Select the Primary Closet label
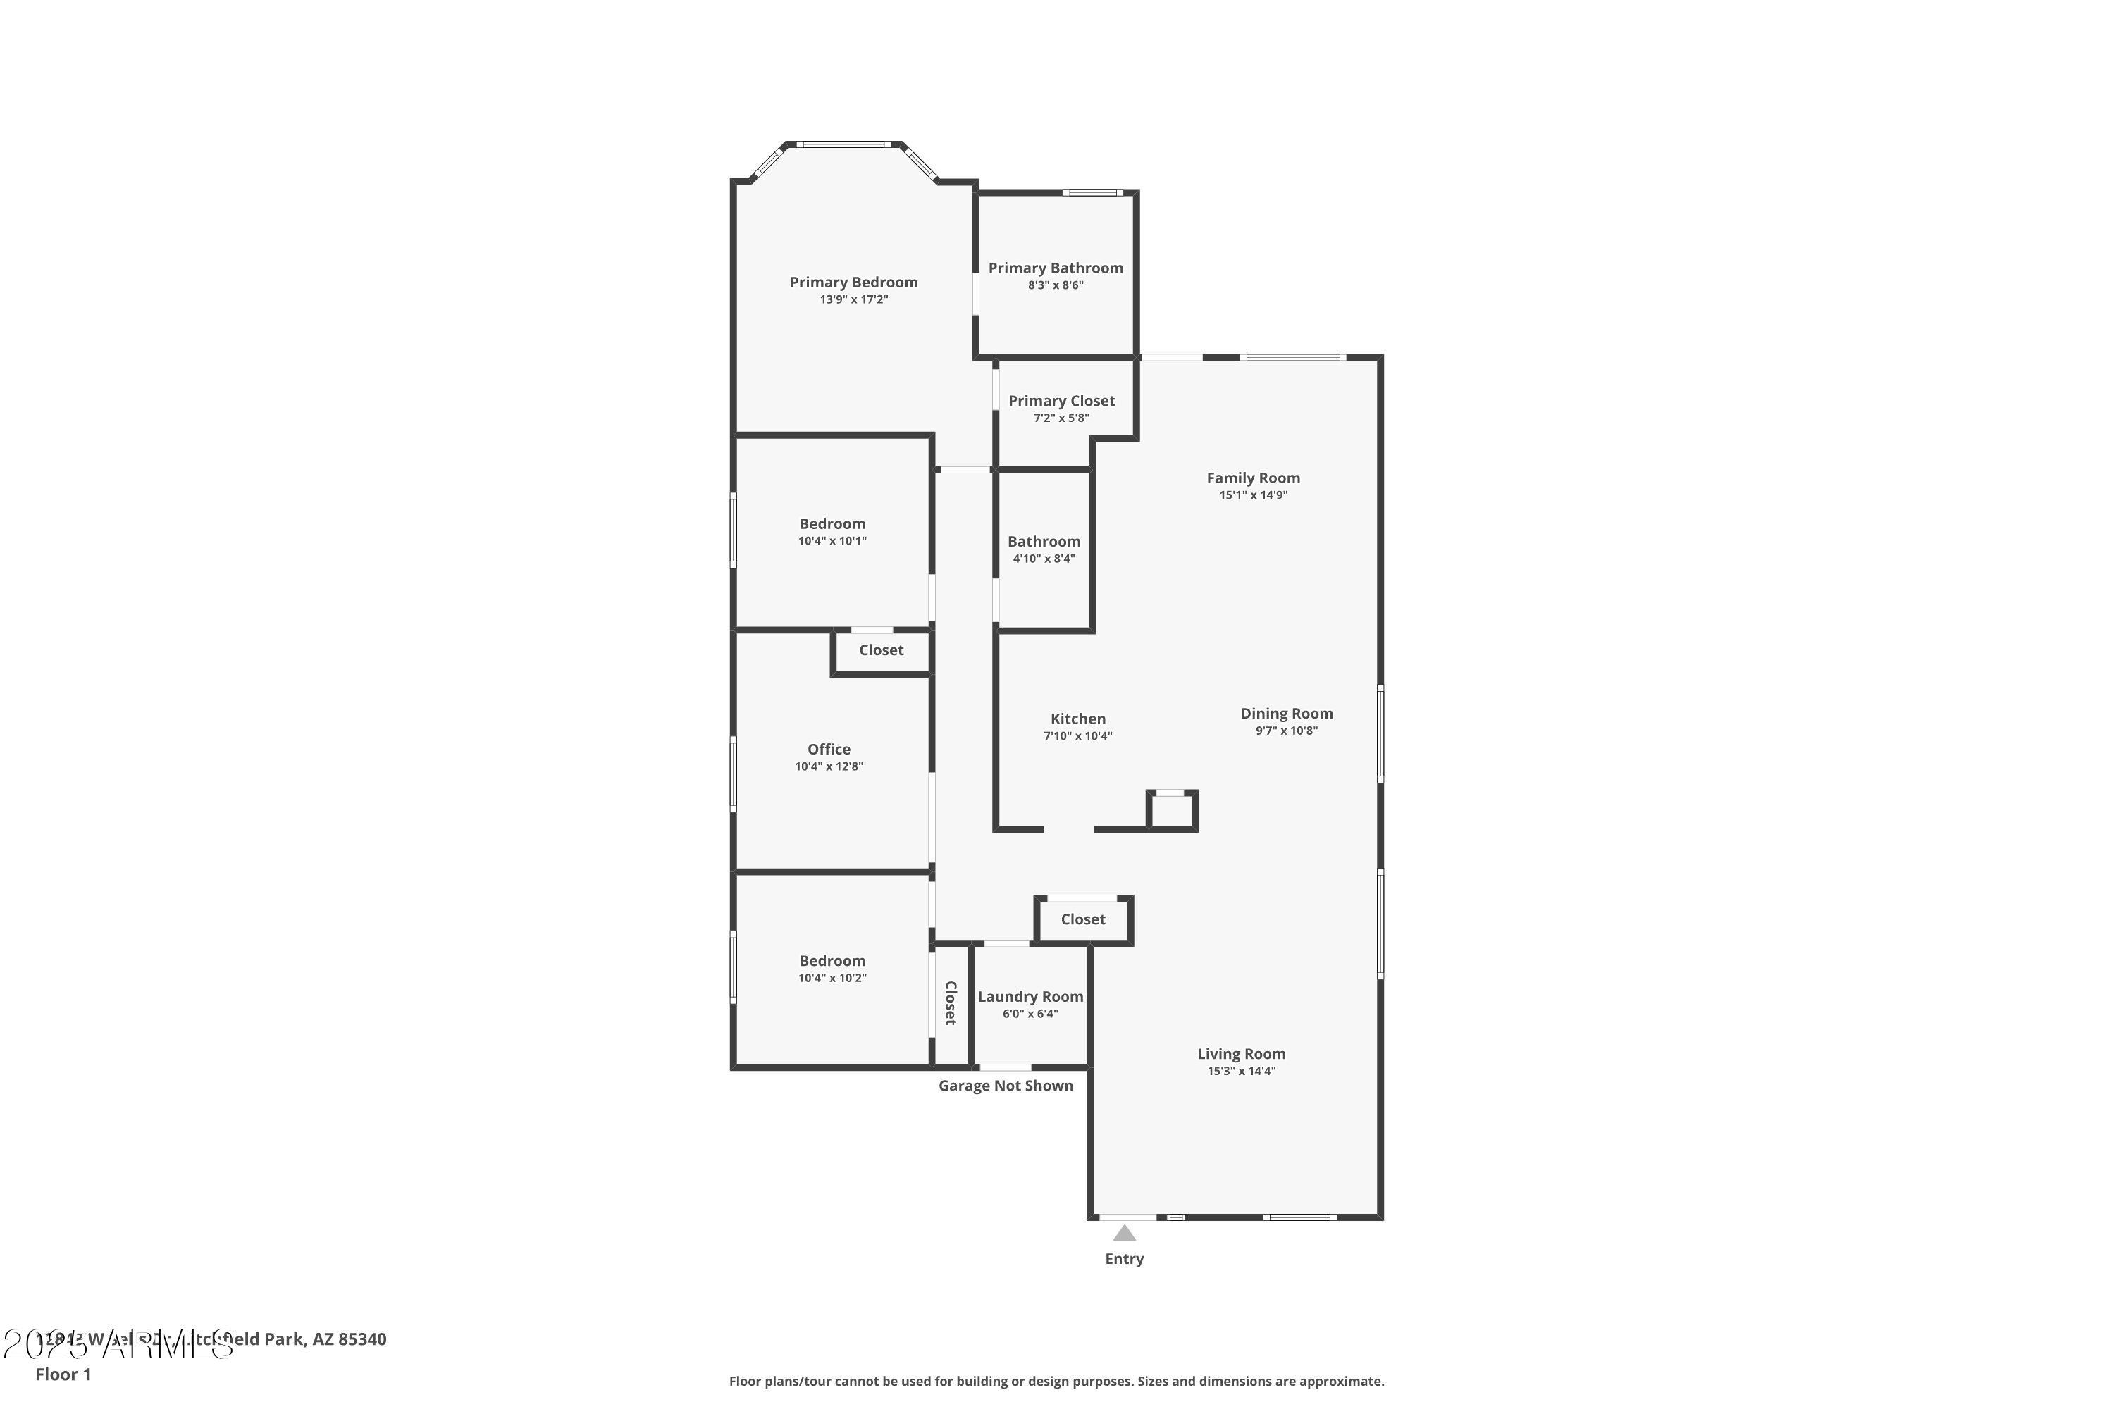1061,401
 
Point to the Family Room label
1252,478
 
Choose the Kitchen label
1077,719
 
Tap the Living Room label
1240,1054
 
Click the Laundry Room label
1030,997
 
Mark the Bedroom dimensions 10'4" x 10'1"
832,542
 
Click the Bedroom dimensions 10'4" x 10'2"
832,979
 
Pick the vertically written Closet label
950,1003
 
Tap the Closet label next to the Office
880,650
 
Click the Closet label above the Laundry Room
1082,919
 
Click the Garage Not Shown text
1005,1086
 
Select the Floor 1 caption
63,1374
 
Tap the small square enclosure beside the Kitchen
1171,812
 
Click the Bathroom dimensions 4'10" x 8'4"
1043,559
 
